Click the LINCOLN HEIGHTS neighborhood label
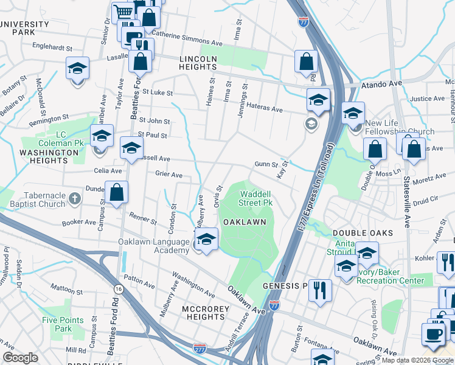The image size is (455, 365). point(198,63)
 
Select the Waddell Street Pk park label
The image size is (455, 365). point(254,198)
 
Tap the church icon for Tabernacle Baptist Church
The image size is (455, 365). point(74,198)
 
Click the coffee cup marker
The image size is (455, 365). point(433,334)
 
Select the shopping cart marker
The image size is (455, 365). point(123,12)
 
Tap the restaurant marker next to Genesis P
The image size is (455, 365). point(319,290)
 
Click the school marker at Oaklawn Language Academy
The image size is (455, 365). point(207,240)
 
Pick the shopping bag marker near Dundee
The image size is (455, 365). point(116,193)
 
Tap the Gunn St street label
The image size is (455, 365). point(266,164)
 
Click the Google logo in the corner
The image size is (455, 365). point(20,358)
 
